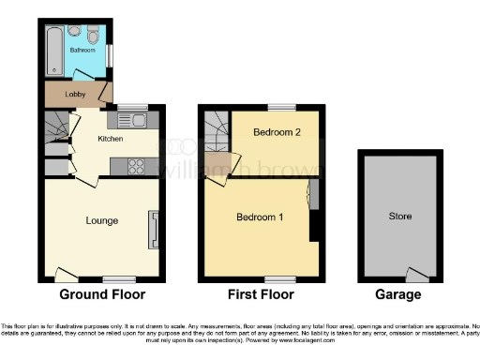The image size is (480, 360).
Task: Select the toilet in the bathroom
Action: (x=93, y=36)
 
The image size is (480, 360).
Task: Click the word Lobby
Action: (x=75, y=94)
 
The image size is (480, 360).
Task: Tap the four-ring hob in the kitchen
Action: (x=134, y=167)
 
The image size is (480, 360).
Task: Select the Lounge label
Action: (x=101, y=221)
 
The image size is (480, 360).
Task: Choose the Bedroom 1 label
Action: (x=260, y=217)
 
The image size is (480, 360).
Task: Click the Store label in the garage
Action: (x=399, y=217)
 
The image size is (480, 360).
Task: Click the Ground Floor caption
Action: (x=102, y=294)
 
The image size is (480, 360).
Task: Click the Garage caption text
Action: (x=397, y=294)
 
